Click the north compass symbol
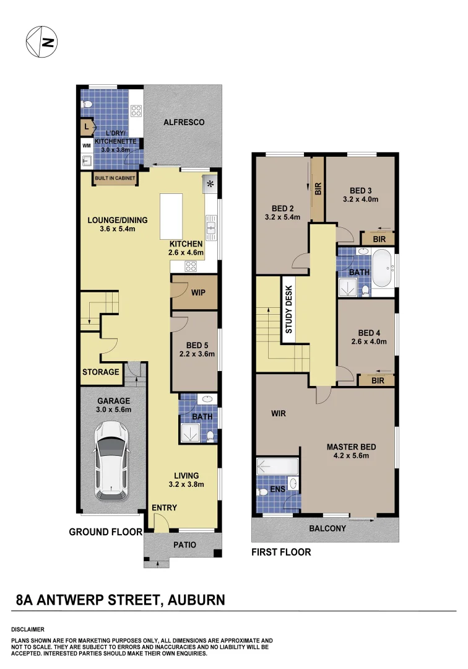tap(41, 42)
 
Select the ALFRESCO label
tap(184, 123)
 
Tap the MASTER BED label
tap(352, 447)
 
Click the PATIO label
tap(184, 545)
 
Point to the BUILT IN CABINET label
tap(115, 178)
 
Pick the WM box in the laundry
tap(86, 145)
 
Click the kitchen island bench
tap(171, 216)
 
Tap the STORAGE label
tap(101, 372)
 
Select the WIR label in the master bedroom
tap(279, 413)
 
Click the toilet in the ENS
tap(262, 491)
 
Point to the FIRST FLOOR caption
tap(281, 552)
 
